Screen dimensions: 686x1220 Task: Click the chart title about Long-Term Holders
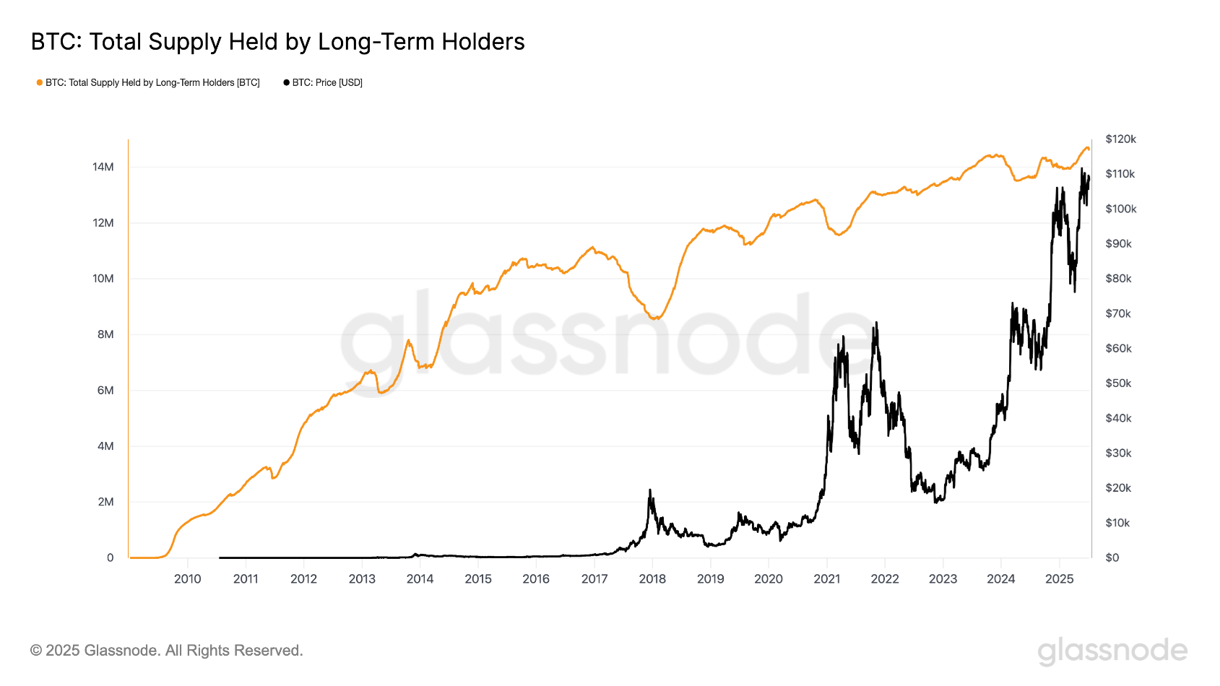pyautogui.click(x=277, y=42)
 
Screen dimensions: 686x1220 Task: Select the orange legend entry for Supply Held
pyautogui.click(x=148, y=83)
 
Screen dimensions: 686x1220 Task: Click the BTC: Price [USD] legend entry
pyautogui.click(x=323, y=83)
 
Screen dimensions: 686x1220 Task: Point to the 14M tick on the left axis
pyautogui.click(x=103, y=167)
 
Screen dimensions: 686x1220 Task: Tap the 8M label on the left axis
pyautogui.click(x=105, y=334)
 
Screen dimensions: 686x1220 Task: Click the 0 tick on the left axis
pyautogui.click(x=110, y=557)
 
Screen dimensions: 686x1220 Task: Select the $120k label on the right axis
pyautogui.click(x=1120, y=139)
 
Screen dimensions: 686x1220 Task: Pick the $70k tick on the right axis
pyautogui.click(x=1117, y=313)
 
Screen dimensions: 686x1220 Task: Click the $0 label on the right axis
pyautogui.click(x=1112, y=557)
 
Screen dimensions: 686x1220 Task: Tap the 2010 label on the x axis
pyautogui.click(x=187, y=579)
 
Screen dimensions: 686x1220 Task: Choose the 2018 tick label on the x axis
pyautogui.click(x=652, y=579)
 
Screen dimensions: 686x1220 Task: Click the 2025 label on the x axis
pyautogui.click(x=1059, y=579)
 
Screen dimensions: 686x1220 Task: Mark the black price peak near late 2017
pyautogui.click(x=650, y=490)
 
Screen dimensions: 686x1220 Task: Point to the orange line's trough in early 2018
pyautogui.click(x=655, y=318)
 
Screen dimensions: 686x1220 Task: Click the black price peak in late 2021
pyautogui.click(x=876, y=323)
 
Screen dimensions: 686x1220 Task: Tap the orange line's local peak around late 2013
pyautogui.click(x=409, y=340)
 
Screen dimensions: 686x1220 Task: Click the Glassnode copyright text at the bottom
pyautogui.click(x=166, y=651)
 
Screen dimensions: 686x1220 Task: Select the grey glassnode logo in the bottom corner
pyautogui.click(x=1112, y=651)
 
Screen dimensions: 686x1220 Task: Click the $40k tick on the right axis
pyautogui.click(x=1117, y=418)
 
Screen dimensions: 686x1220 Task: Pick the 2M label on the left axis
pyautogui.click(x=105, y=502)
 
